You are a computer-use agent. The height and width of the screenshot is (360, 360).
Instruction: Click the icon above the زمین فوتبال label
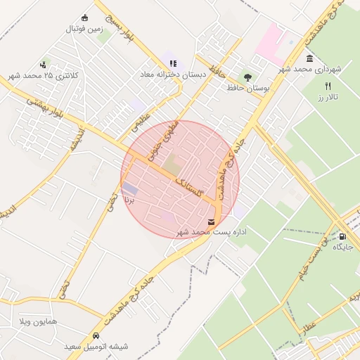[85, 18]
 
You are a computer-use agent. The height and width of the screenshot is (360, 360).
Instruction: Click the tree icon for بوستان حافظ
[247, 77]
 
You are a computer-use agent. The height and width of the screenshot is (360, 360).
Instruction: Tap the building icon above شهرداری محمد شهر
[309, 58]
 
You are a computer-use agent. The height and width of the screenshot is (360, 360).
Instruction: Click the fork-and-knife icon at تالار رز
[328, 86]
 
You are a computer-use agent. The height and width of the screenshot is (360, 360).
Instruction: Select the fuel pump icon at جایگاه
[342, 236]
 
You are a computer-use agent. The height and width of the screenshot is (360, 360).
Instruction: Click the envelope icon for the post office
[212, 221]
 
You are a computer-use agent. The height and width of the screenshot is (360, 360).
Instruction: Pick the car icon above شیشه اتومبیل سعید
[96, 335]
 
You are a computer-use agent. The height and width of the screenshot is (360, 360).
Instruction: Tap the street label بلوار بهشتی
[46, 110]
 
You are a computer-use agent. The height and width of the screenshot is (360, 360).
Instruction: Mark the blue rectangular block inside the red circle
[131, 189]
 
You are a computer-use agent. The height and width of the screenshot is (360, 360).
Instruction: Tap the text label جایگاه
[342, 247]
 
